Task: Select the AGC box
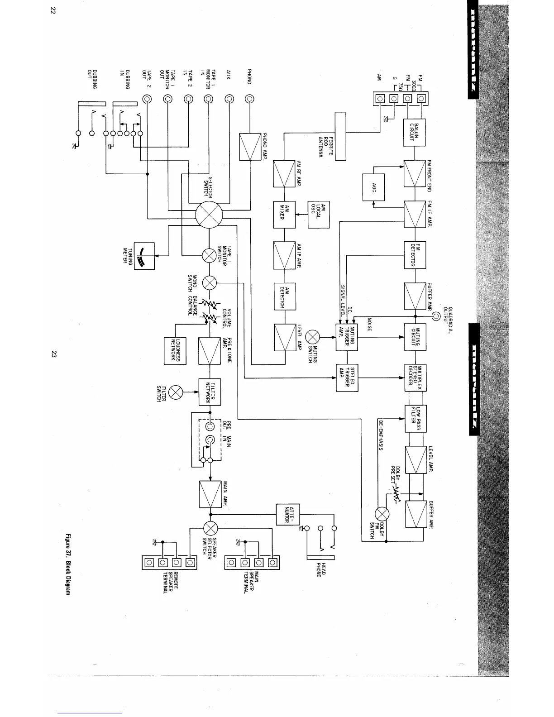click(x=374, y=187)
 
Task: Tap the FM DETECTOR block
click(x=415, y=255)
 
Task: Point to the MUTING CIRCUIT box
click(x=415, y=337)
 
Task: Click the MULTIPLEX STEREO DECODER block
click(x=415, y=378)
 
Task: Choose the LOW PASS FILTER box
click(x=415, y=419)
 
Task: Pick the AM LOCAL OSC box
click(x=319, y=215)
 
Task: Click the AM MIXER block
click(x=284, y=215)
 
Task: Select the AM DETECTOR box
click(x=285, y=296)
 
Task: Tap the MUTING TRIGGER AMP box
click(x=347, y=337)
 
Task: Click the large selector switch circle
click(x=209, y=215)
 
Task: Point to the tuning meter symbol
click(x=144, y=256)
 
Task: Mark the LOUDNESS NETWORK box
click(x=175, y=350)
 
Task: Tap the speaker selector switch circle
click(x=210, y=528)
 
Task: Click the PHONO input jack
click(x=249, y=99)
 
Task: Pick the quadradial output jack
click(x=435, y=316)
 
